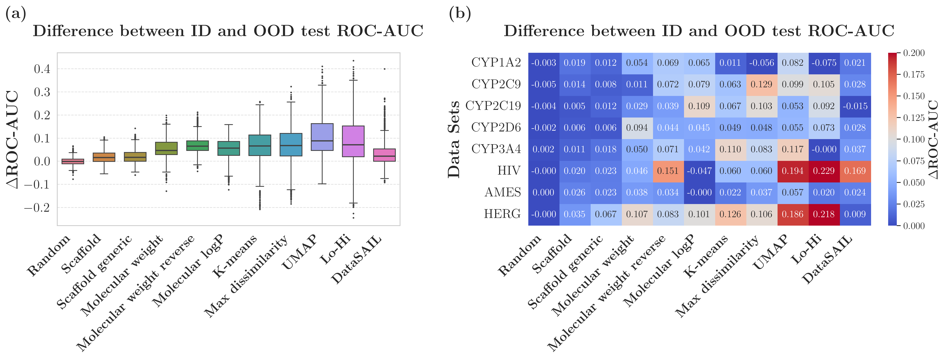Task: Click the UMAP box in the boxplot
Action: point(322,137)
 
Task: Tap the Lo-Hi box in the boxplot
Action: point(353,141)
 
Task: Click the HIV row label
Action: point(509,171)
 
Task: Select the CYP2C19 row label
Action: point(493,106)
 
